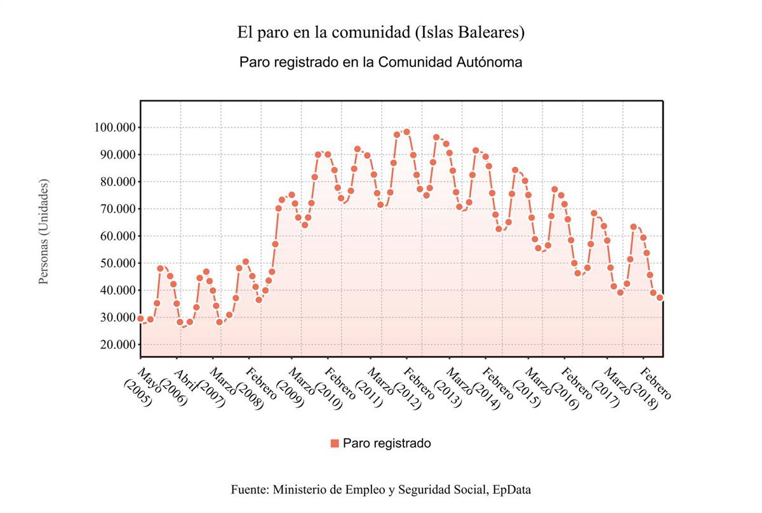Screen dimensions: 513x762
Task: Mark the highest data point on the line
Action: point(406,132)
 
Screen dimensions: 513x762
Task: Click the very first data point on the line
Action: point(140,318)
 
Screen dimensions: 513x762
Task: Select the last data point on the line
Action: point(660,297)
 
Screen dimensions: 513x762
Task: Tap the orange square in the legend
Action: point(335,443)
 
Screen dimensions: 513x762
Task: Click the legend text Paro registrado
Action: point(387,443)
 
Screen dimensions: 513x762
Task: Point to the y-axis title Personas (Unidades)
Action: point(44,231)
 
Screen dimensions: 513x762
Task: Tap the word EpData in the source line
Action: point(511,490)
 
